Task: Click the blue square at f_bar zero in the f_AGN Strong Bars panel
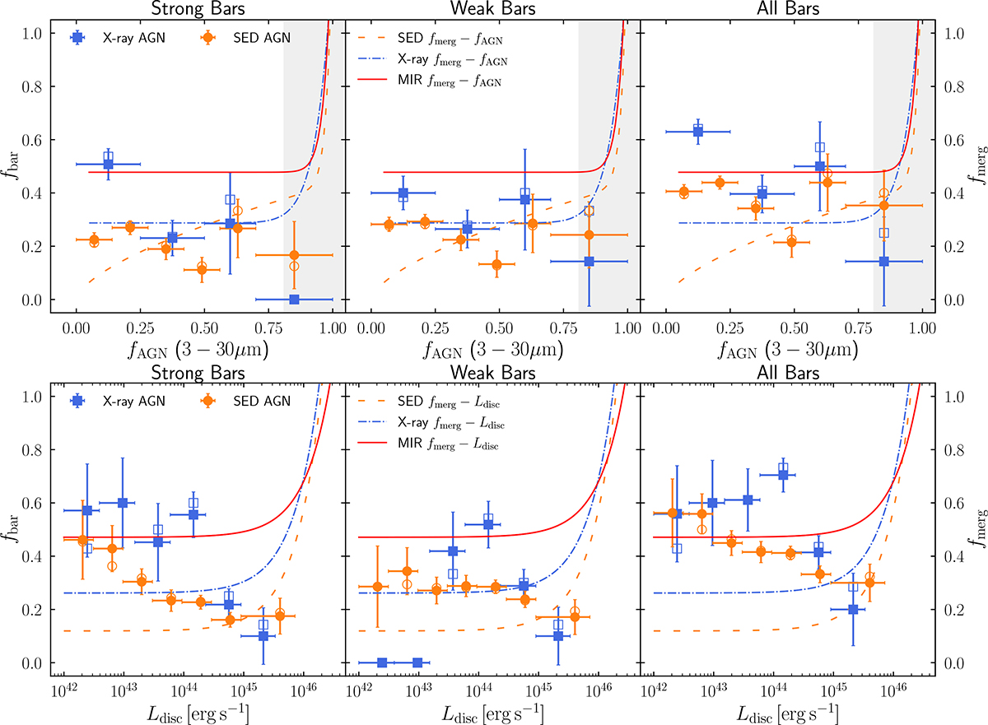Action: (x=294, y=299)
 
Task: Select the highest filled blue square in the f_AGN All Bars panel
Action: (x=698, y=132)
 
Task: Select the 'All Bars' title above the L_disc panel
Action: (x=787, y=374)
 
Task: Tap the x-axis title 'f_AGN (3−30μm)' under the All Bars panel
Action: (x=787, y=350)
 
